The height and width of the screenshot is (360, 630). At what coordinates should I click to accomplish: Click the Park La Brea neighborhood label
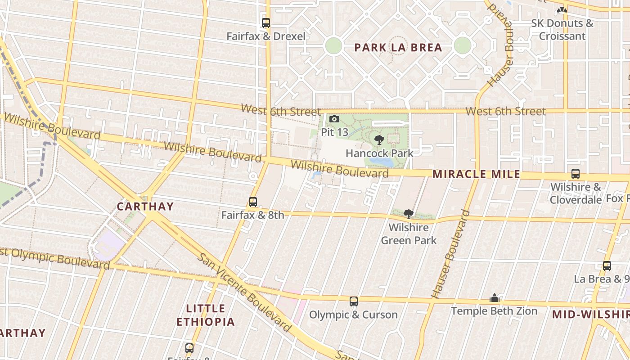pyautogui.click(x=398, y=48)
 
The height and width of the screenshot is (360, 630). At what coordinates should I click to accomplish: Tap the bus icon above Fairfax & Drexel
pyautogui.click(x=266, y=22)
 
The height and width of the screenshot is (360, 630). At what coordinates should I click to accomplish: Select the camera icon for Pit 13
pyautogui.click(x=334, y=119)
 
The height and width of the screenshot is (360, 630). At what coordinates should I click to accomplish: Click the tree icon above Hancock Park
pyautogui.click(x=379, y=140)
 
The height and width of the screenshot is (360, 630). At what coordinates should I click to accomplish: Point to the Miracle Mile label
pyautogui.click(x=476, y=174)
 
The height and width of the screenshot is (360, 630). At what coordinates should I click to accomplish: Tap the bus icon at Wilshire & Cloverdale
pyautogui.click(x=575, y=174)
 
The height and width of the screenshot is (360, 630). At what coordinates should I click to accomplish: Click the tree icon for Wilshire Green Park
pyautogui.click(x=409, y=214)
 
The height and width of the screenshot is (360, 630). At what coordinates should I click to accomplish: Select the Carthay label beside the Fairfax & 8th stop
pyautogui.click(x=145, y=207)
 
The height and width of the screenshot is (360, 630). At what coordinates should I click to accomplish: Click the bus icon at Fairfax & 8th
pyautogui.click(x=253, y=202)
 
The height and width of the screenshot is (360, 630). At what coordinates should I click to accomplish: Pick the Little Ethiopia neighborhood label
pyautogui.click(x=206, y=315)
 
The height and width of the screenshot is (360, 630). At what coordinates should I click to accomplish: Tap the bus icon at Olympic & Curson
pyautogui.click(x=354, y=301)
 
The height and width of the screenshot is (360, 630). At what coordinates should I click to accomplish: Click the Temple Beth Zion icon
pyautogui.click(x=495, y=298)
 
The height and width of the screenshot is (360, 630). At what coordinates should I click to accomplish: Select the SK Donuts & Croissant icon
pyautogui.click(x=562, y=10)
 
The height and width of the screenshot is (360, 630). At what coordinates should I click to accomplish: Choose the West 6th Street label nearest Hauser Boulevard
pyautogui.click(x=505, y=111)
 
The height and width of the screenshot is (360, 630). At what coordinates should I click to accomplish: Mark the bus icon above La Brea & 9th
pyautogui.click(x=607, y=266)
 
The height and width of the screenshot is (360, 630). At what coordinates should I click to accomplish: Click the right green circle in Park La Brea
pyautogui.click(x=462, y=45)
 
